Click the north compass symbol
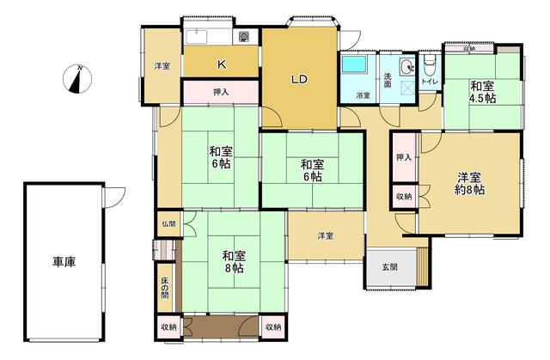point(77,79)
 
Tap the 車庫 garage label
point(64,262)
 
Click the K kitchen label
point(222,64)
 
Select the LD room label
point(299,79)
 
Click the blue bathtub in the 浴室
point(354,64)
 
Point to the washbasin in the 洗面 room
point(407,66)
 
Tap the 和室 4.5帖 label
point(482,92)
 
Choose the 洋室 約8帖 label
point(470,183)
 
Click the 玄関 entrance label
point(389,267)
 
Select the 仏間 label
point(168,223)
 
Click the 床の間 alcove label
point(165,288)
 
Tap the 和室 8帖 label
point(234,262)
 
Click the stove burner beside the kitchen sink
point(244,36)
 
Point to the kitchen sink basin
point(200,37)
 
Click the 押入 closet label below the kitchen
point(221,92)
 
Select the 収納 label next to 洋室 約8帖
point(404,197)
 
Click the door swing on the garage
point(114,198)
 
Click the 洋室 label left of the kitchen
point(162,66)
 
